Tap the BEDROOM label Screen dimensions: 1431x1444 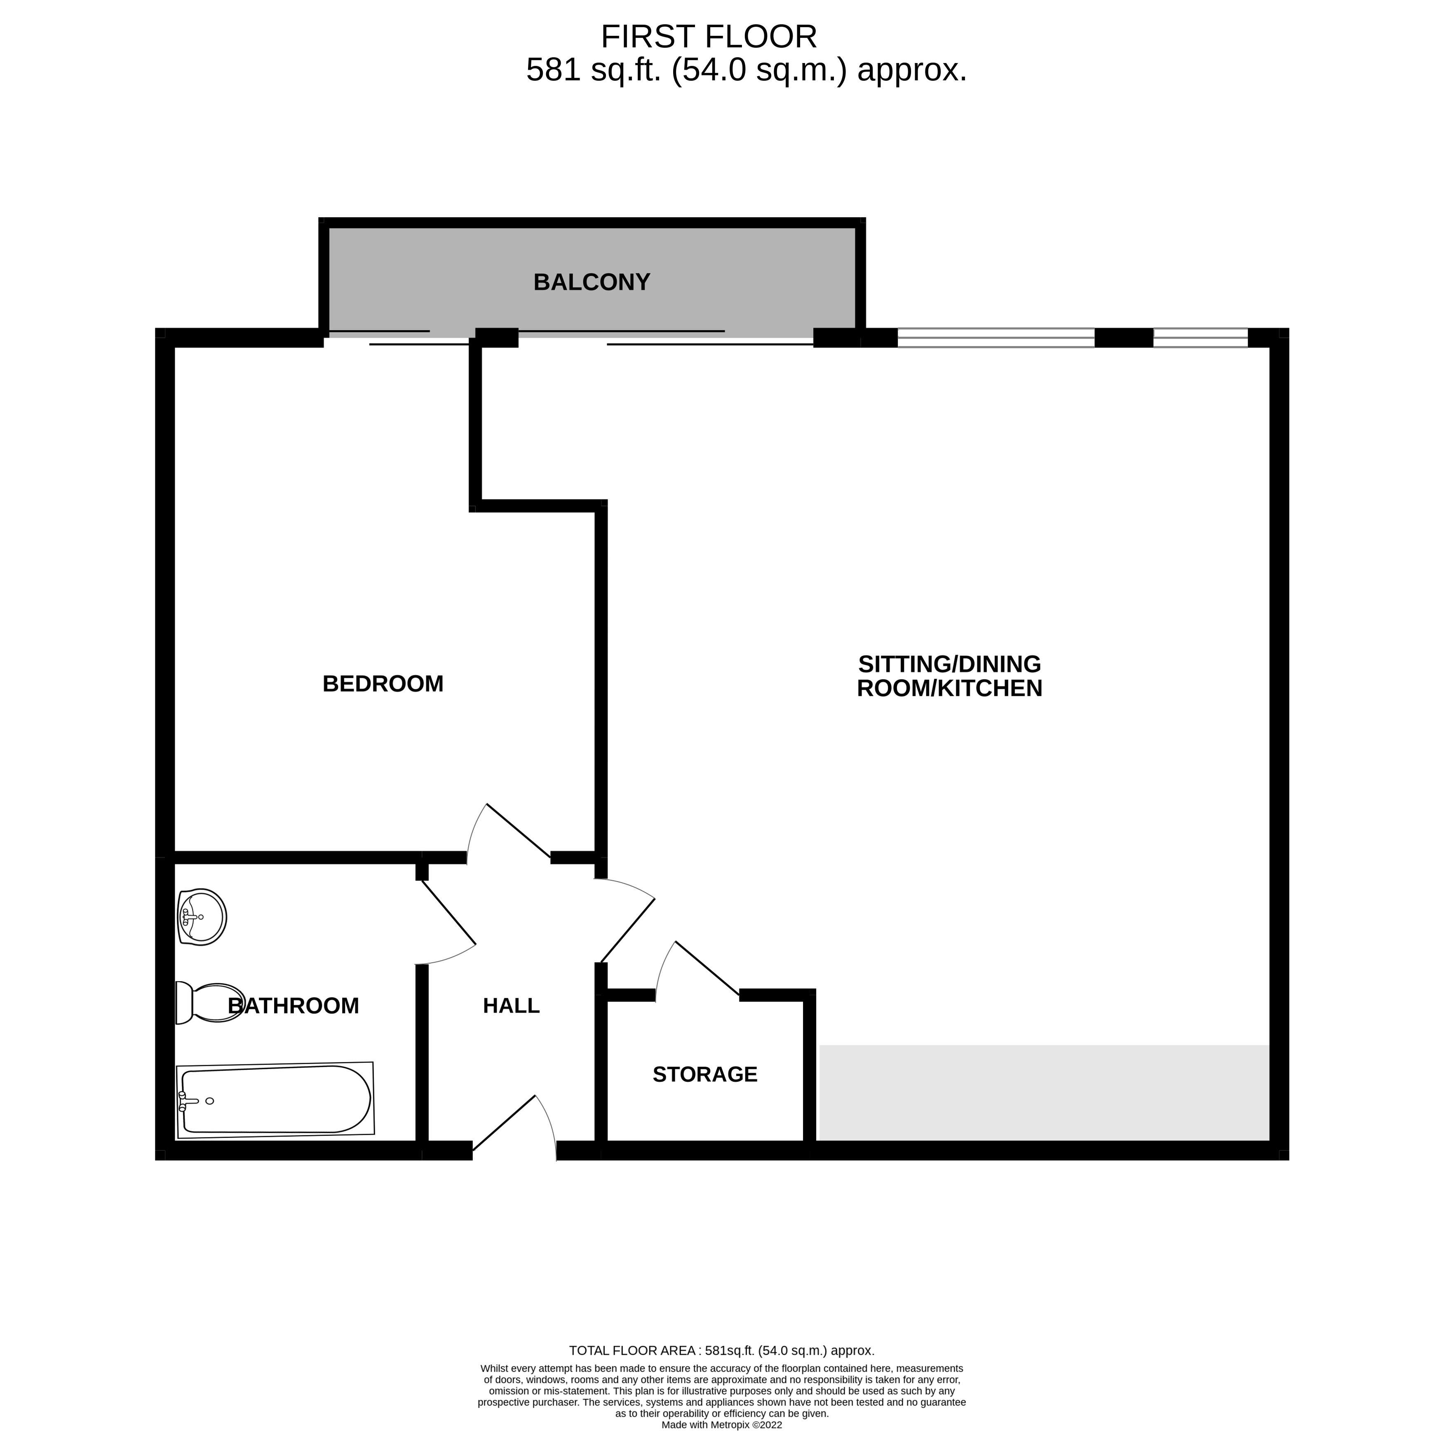pyautogui.click(x=383, y=684)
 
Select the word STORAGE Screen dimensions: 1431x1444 pyautogui.click(x=705, y=1074)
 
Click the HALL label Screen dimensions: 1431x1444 pyautogui.click(x=511, y=1006)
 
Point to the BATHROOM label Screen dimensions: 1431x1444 pyautogui.click(x=294, y=1006)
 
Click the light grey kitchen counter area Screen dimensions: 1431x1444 pyautogui.click(x=1044, y=1092)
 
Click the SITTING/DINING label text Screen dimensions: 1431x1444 pyautogui.click(x=949, y=664)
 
